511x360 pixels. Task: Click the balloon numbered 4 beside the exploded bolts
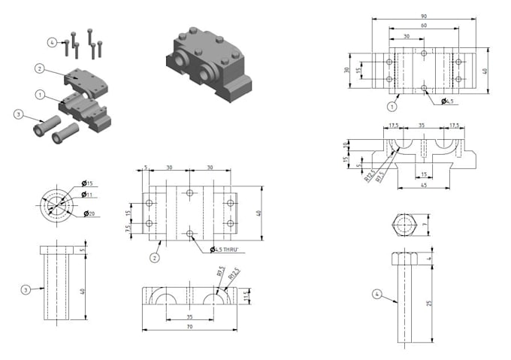tap(52, 42)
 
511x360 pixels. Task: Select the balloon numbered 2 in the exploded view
tap(38, 68)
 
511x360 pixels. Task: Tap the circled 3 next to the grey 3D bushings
tap(18, 114)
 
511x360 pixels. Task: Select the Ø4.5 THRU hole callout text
tap(225, 250)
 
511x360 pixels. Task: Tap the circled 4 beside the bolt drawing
tap(376, 294)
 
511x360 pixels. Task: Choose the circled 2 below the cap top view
tap(155, 258)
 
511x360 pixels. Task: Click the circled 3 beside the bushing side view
tap(26, 289)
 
